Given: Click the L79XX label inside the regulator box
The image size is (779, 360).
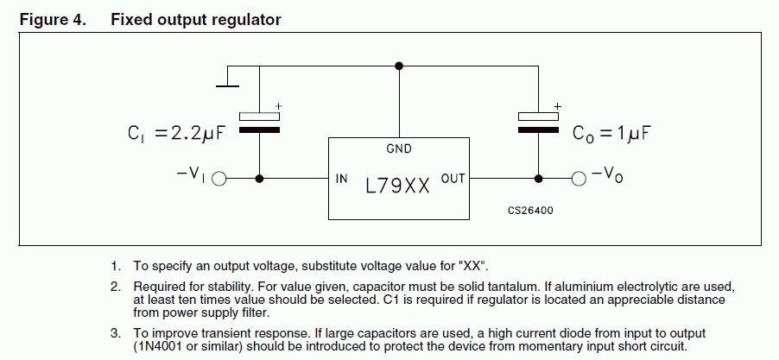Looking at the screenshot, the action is (x=397, y=186).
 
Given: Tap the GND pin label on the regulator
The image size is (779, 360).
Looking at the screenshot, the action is (x=399, y=148).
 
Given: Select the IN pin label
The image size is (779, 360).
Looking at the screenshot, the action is (x=342, y=178).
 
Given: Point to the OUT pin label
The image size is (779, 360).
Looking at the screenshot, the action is (x=453, y=178).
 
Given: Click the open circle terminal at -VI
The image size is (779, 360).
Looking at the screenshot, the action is (x=219, y=179).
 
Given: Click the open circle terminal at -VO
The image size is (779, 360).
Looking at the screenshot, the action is (x=579, y=179).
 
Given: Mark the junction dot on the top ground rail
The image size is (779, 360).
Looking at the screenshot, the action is (x=399, y=66).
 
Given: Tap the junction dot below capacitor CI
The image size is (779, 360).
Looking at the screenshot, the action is (x=259, y=179).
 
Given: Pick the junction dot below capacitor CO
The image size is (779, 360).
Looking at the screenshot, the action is (x=539, y=179).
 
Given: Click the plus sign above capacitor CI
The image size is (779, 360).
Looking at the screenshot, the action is (x=279, y=106).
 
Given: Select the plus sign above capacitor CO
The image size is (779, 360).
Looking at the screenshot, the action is (x=558, y=106).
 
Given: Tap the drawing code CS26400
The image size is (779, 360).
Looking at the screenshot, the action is (x=530, y=211).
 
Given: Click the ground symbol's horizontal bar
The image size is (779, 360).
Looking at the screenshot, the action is (x=227, y=86).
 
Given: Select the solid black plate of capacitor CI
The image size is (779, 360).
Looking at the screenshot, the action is (x=259, y=130).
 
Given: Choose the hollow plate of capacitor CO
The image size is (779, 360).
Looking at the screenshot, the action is (x=539, y=117).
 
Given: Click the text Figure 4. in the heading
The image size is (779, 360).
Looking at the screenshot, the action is (x=53, y=19).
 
